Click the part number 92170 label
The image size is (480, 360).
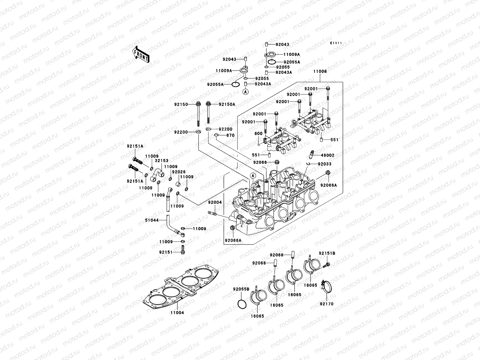pyautogui.click(x=326, y=304)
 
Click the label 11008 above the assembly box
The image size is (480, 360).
pyautogui.click(x=320, y=72)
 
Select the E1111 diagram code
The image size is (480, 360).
pyautogui.click(x=336, y=43)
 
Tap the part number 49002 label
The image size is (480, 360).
pyautogui.click(x=328, y=155)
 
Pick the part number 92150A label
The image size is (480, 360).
pyautogui.click(x=227, y=104)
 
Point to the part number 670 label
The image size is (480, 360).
pyautogui.click(x=230, y=135)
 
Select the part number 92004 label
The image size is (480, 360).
pyautogui.click(x=215, y=202)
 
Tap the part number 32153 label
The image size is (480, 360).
pyautogui.click(x=162, y=161)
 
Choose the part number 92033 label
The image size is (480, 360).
pyautogui.click(x=325, y=164)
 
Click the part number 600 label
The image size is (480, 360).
pyautogui.click(x=259, y=133)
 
